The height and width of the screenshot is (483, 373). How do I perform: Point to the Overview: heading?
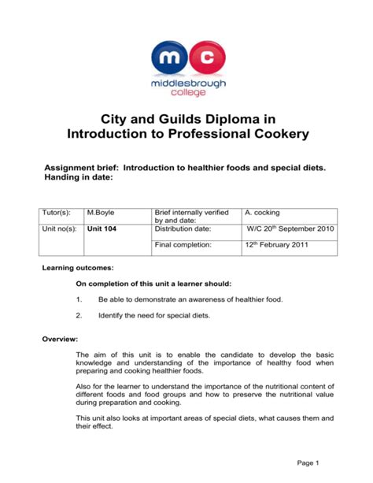[x=60, y=338]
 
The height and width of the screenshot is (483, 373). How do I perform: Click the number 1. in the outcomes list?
[x=79, y=300]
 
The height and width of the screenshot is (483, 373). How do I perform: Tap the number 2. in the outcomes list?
[x=79, y=315]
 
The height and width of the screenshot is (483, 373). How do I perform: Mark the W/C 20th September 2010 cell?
[x=290, y=228]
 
